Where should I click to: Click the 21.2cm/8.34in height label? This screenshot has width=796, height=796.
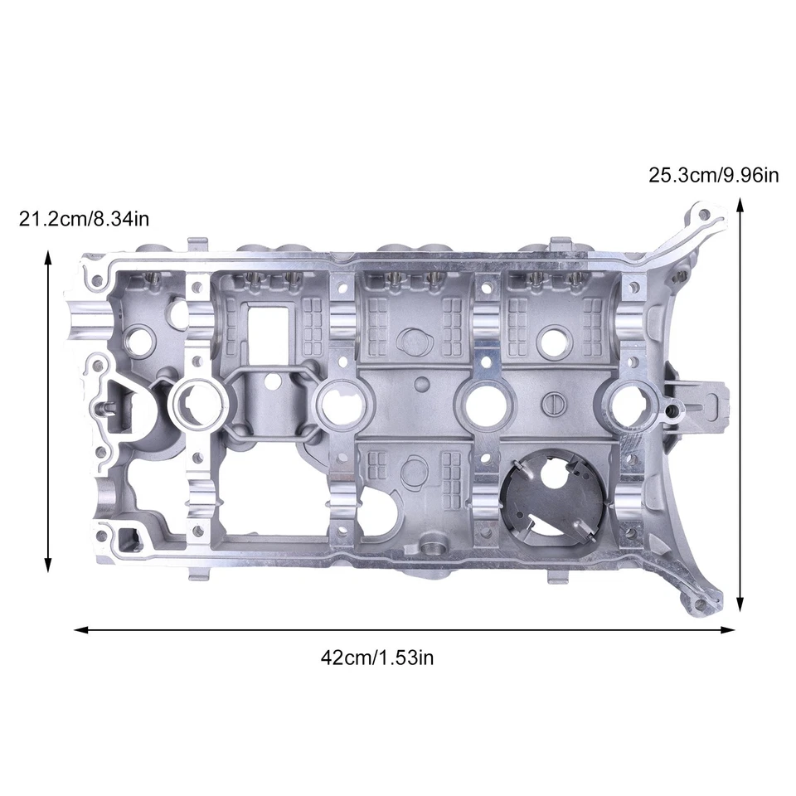[84, 219]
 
